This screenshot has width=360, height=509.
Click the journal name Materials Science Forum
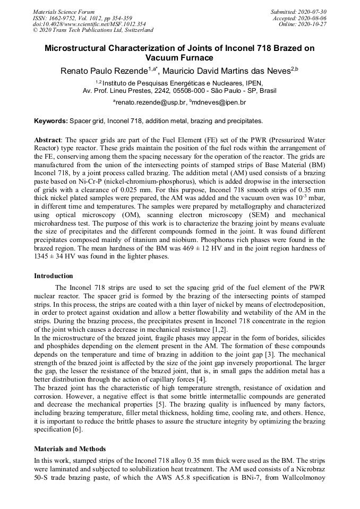(x=64, y=11)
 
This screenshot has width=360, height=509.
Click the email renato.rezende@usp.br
(x=151, y=102)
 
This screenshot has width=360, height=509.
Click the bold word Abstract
(x=47, y=140)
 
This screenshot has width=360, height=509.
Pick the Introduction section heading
(x=54, y=276)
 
